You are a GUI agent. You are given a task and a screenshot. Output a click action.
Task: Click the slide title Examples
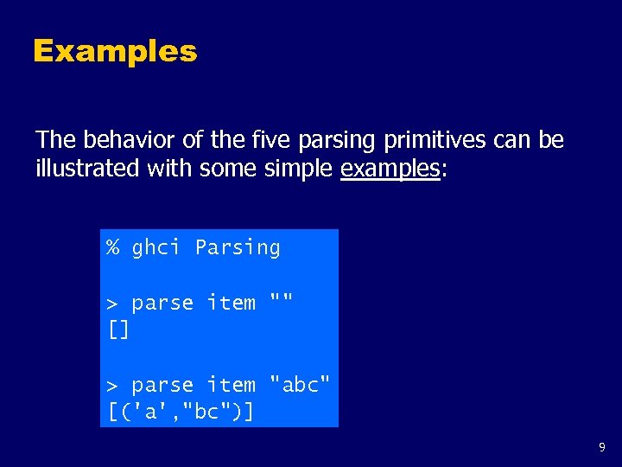115,51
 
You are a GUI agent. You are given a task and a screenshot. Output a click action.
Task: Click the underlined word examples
390,168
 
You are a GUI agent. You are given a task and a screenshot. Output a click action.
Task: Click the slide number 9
602,448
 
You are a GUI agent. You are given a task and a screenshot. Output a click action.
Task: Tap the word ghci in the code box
156,248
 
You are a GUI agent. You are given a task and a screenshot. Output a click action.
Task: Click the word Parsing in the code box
238,248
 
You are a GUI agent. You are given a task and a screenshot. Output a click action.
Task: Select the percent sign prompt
112,248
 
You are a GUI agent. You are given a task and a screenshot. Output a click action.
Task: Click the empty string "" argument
282,302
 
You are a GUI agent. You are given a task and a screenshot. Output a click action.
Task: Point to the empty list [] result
118,329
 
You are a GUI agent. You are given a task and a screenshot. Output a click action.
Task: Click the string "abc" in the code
300,385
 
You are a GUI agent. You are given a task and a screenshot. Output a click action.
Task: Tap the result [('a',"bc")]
181,412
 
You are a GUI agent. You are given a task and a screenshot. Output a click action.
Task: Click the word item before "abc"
232,385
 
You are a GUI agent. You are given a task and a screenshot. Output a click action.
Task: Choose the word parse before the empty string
162,304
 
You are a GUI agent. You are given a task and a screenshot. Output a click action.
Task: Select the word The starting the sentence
55,140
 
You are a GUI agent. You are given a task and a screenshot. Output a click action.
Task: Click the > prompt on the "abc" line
112,386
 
